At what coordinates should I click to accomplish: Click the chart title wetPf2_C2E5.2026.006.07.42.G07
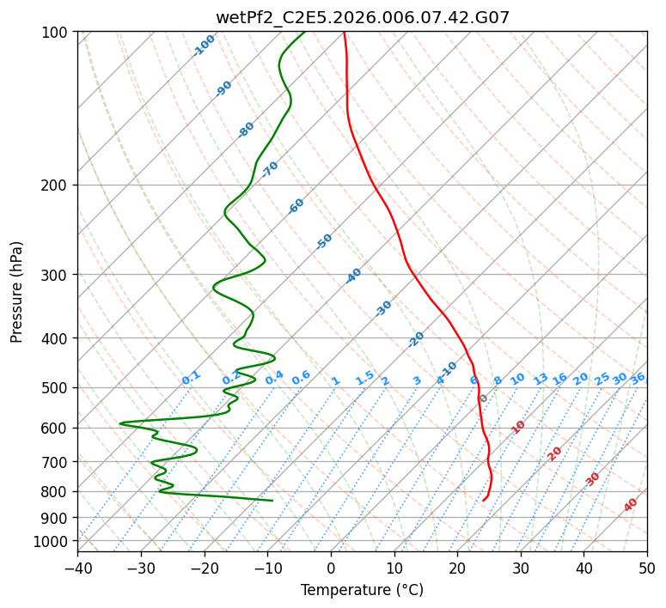(363, 17)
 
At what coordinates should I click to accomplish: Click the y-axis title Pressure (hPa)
(16, 292)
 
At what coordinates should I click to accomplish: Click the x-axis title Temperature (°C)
(363, 590)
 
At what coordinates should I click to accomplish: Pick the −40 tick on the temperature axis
(77, 568)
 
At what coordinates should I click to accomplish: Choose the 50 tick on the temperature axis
(647, 568)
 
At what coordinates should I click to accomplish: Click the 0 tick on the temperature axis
(331, 568)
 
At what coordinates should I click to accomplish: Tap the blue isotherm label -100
(205, 46)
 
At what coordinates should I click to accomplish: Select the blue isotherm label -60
(296, 206)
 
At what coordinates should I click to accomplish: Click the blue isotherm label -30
(383, 308)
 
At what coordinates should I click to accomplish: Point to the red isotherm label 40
(630, 505)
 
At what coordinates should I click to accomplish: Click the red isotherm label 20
(554, 454)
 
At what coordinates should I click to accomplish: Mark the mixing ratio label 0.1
(191, 378)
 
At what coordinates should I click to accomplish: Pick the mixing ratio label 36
(638, 379)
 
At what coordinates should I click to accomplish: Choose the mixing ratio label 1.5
(365, 378)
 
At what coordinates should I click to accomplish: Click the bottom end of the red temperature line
(483, 501)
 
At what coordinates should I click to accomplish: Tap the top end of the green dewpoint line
(305, 32)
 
